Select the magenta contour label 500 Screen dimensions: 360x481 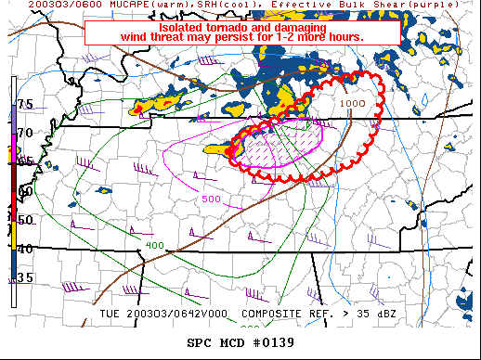coord(211,199)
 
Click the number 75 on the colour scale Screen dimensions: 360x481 coord(25,104)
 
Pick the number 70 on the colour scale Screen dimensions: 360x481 coord(25,133)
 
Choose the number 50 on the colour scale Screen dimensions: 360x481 coord(25,220)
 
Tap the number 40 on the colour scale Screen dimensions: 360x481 coord(25,248)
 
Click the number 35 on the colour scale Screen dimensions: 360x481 coord(25,277)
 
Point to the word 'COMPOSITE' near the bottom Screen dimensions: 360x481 coord(276,313)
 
